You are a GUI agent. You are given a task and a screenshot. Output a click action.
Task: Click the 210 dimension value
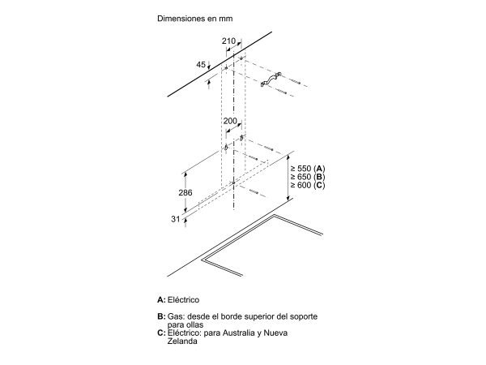pyautogui.click(x=228, y=41)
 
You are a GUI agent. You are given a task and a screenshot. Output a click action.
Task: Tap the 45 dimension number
pyautogui.click(x=201, y=64)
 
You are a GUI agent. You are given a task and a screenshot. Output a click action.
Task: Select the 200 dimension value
pyautogui.click(x=230, y=121)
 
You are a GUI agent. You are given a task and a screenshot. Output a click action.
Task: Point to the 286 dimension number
pyautogui.click(x=185, y=193)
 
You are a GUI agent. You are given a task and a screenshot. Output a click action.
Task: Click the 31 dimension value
pyautogui.click(x=176, y=219)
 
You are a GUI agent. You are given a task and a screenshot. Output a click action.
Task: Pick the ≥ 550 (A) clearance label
pyautogui.click(x=308, y=169)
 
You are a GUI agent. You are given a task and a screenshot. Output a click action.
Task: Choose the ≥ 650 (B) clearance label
pyautogui.click(x=308, y=177)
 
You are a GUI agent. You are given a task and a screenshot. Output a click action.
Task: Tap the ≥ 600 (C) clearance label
pyautogui.click(x=308, y=185)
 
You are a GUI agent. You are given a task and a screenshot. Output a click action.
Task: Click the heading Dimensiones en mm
pyautogui.click(x=195, y=19)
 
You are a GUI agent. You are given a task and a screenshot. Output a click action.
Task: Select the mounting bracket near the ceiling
pyautogui.click(x=271, y=79)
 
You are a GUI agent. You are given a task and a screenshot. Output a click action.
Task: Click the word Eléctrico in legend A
pyautogui.click(x=184, y=300)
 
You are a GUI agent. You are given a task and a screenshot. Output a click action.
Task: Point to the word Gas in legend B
pyautogui.click(x=177, y=316)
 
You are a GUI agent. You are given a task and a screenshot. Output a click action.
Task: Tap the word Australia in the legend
pyautogui.click(x=236, y=333)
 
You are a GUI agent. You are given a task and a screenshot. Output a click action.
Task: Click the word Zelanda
pyautogui.click(x=182, y=341)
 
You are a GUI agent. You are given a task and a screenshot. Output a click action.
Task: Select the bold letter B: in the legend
pyautogui.click(x=161, y=316)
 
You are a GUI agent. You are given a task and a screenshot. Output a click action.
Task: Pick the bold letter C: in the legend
pyautogui.click(x=161, y=333)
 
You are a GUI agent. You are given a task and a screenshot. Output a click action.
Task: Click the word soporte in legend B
pyautogui.click(x=304, y=316)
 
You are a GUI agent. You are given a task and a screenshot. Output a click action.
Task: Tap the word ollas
pyautogui.click(x=194, y=324)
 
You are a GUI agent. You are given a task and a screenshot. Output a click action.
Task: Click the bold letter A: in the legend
pyautogui.click(x=161, y=300)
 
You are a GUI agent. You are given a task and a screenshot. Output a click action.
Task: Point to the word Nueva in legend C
pyautogui.click(x=275, y=333)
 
